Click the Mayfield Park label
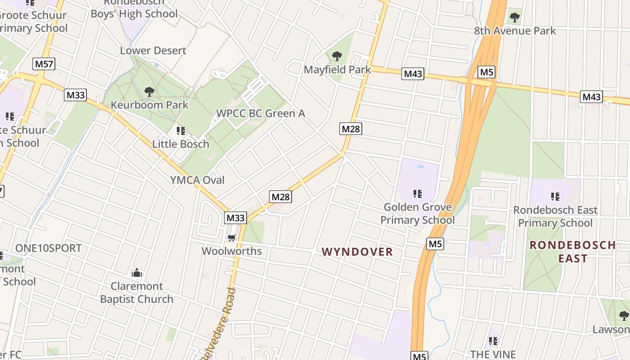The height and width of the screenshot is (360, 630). point(337,70)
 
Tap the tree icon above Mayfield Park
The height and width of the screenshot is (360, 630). point(337,56)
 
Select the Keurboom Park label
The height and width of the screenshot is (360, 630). point(149,105)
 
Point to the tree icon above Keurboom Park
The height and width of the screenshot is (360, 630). point(149,92)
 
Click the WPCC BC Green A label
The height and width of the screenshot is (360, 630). point(261,113)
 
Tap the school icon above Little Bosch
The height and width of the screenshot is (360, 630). point(181,131)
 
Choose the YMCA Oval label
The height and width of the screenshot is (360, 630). point(197,180)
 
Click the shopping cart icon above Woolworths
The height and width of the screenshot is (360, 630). point(231,238)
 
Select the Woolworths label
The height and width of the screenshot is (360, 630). point(232,251)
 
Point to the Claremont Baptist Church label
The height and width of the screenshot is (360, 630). point(137,292)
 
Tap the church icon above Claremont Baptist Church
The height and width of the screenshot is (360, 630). point(137,273)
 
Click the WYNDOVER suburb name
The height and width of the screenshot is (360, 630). point(357,252)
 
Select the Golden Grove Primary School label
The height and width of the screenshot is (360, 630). point(418,214)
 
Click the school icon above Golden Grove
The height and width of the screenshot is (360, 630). point(418,194)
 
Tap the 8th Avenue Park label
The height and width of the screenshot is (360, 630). point(515,31)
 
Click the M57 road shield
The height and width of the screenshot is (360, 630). point(44,64)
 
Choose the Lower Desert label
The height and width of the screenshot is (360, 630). point(153,50)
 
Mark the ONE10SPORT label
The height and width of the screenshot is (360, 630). point(49,248)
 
